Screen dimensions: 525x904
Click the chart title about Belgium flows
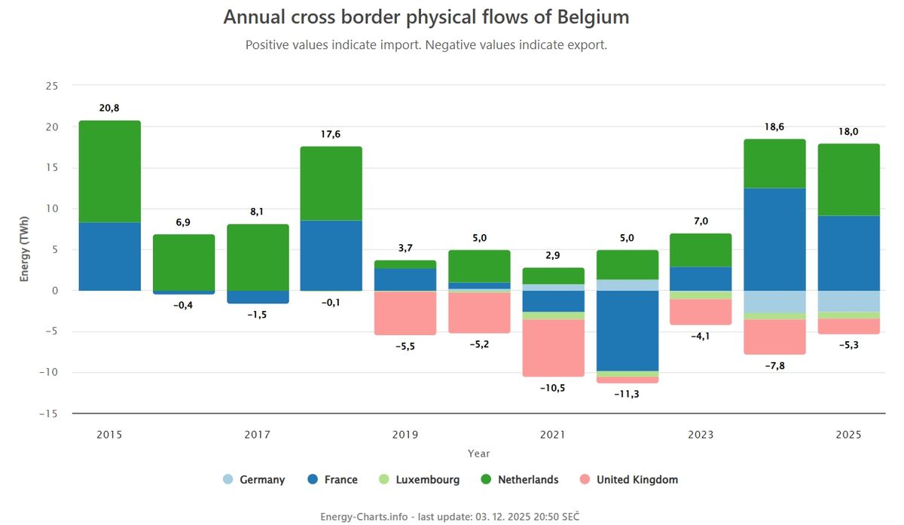point(426,17)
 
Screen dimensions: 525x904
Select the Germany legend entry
point(254,480)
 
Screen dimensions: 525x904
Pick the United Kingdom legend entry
point(628,480)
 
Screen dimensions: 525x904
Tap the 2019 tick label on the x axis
point(405,435)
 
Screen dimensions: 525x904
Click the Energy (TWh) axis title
point(25,248)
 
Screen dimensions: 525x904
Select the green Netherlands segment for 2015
point(110,172)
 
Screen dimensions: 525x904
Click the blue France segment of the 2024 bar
point(774,239)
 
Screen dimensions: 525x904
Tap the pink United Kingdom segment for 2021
point(553,348)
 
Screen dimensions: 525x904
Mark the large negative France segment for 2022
point(627,331)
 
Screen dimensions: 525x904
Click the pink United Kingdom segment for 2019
point(405,313)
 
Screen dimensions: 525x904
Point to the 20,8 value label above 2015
point(109,108)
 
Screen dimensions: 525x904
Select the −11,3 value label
point(627,394)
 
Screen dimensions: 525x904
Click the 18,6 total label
point(774,127)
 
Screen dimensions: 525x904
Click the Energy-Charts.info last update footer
point(450,516)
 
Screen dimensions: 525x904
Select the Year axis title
point(478,453)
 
